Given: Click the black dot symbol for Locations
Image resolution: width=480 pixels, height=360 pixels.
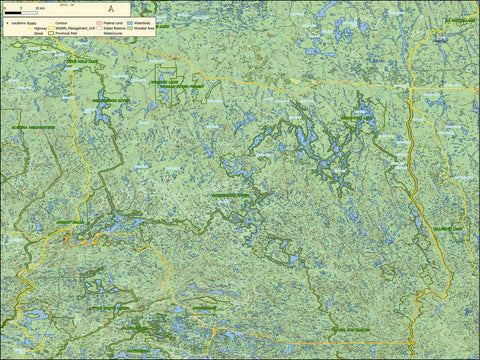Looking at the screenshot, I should [x=4, y=20].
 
